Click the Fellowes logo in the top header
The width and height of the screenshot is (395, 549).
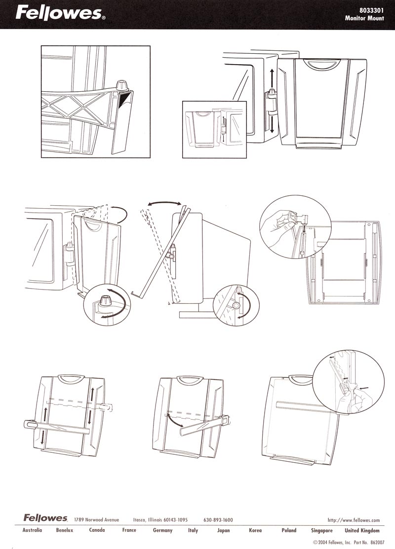pos(59,14)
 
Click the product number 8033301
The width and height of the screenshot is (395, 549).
pos(371,10)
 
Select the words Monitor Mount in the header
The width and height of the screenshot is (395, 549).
pos(364,18)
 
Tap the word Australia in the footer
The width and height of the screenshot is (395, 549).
pos(32,530)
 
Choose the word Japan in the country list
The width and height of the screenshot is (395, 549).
pos(223,530)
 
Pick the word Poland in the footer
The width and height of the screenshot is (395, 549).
pos(289,530)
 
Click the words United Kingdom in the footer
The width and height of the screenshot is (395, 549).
pos(362,530)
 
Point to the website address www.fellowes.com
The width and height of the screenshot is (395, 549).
pos(354,520)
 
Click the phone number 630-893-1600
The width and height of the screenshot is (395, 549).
pos(218,520)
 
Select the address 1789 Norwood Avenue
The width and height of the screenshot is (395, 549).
pos(97,520)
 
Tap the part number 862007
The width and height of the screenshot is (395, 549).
pos(372,543)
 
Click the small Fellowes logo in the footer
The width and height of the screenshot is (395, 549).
pos(45,517)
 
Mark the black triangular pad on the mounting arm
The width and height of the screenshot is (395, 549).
pos(123,100)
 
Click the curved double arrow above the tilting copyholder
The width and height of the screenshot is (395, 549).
pos(164,203)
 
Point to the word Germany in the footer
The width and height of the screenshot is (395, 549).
pos(162,530)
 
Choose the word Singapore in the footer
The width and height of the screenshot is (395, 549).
pos(322,530)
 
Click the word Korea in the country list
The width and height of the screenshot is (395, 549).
pos(255,530)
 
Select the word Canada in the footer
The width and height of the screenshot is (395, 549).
pos(97,530)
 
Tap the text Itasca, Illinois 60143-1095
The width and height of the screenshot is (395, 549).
pos(160,520)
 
